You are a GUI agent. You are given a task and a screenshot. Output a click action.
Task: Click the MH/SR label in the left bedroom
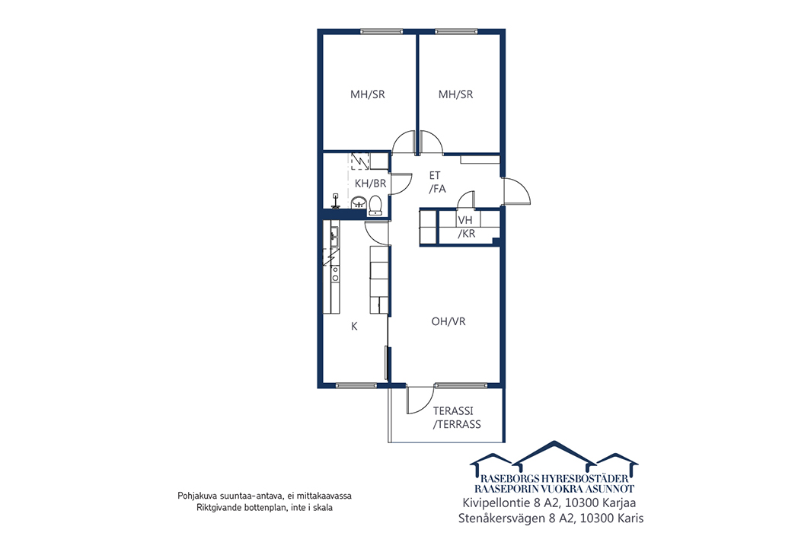[368, 94]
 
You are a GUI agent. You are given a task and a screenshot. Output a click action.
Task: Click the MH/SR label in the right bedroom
[455, 94]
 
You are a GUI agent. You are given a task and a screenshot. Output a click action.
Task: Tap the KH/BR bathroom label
[371, 184]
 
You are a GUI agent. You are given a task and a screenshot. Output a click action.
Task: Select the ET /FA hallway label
[437, 182]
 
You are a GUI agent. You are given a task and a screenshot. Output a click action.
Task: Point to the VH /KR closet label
[466, 227]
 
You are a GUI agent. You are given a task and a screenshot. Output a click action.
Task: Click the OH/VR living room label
[448, 322]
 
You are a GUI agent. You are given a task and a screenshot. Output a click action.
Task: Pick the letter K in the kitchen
[354, 327]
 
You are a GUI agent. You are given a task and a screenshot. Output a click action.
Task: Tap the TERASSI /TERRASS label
[457, 417]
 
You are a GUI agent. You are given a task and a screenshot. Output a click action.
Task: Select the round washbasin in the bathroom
[359, 203]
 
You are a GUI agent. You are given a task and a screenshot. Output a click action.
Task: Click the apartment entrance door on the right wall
[516, 191]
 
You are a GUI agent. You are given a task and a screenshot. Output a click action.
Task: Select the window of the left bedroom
[381, 31]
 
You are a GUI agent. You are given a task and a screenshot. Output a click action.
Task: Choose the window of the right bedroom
[457, 31]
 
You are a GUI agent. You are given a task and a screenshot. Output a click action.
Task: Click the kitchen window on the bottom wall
[357, 385]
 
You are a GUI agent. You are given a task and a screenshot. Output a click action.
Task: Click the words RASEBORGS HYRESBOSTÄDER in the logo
[554, 479]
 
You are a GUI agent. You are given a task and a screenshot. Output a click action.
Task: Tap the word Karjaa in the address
[619, 503]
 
